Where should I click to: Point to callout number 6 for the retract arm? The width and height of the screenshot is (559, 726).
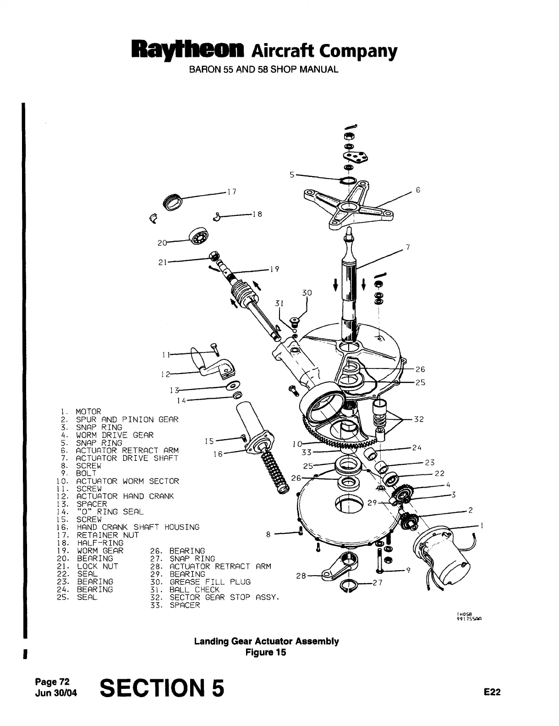click(x=418, y=190)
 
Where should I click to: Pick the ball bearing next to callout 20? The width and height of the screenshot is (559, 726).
click(x=197, y=238)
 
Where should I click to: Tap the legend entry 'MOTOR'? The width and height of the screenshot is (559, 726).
click(x=88, y=412)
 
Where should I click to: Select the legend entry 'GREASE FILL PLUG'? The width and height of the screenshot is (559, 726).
click(x=210, y=582)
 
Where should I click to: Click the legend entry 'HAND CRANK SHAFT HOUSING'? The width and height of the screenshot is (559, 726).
click(x=137, y=528)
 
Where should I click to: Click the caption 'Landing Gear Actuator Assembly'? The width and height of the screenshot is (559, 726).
click(x=266, y=641)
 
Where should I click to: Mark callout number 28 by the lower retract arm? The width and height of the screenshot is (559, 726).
click(x=301, y=576)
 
